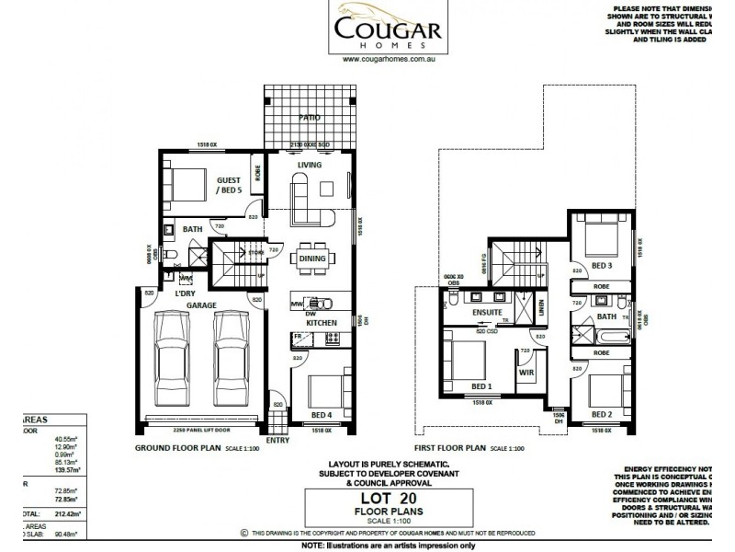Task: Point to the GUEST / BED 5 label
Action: pos(229,186)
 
